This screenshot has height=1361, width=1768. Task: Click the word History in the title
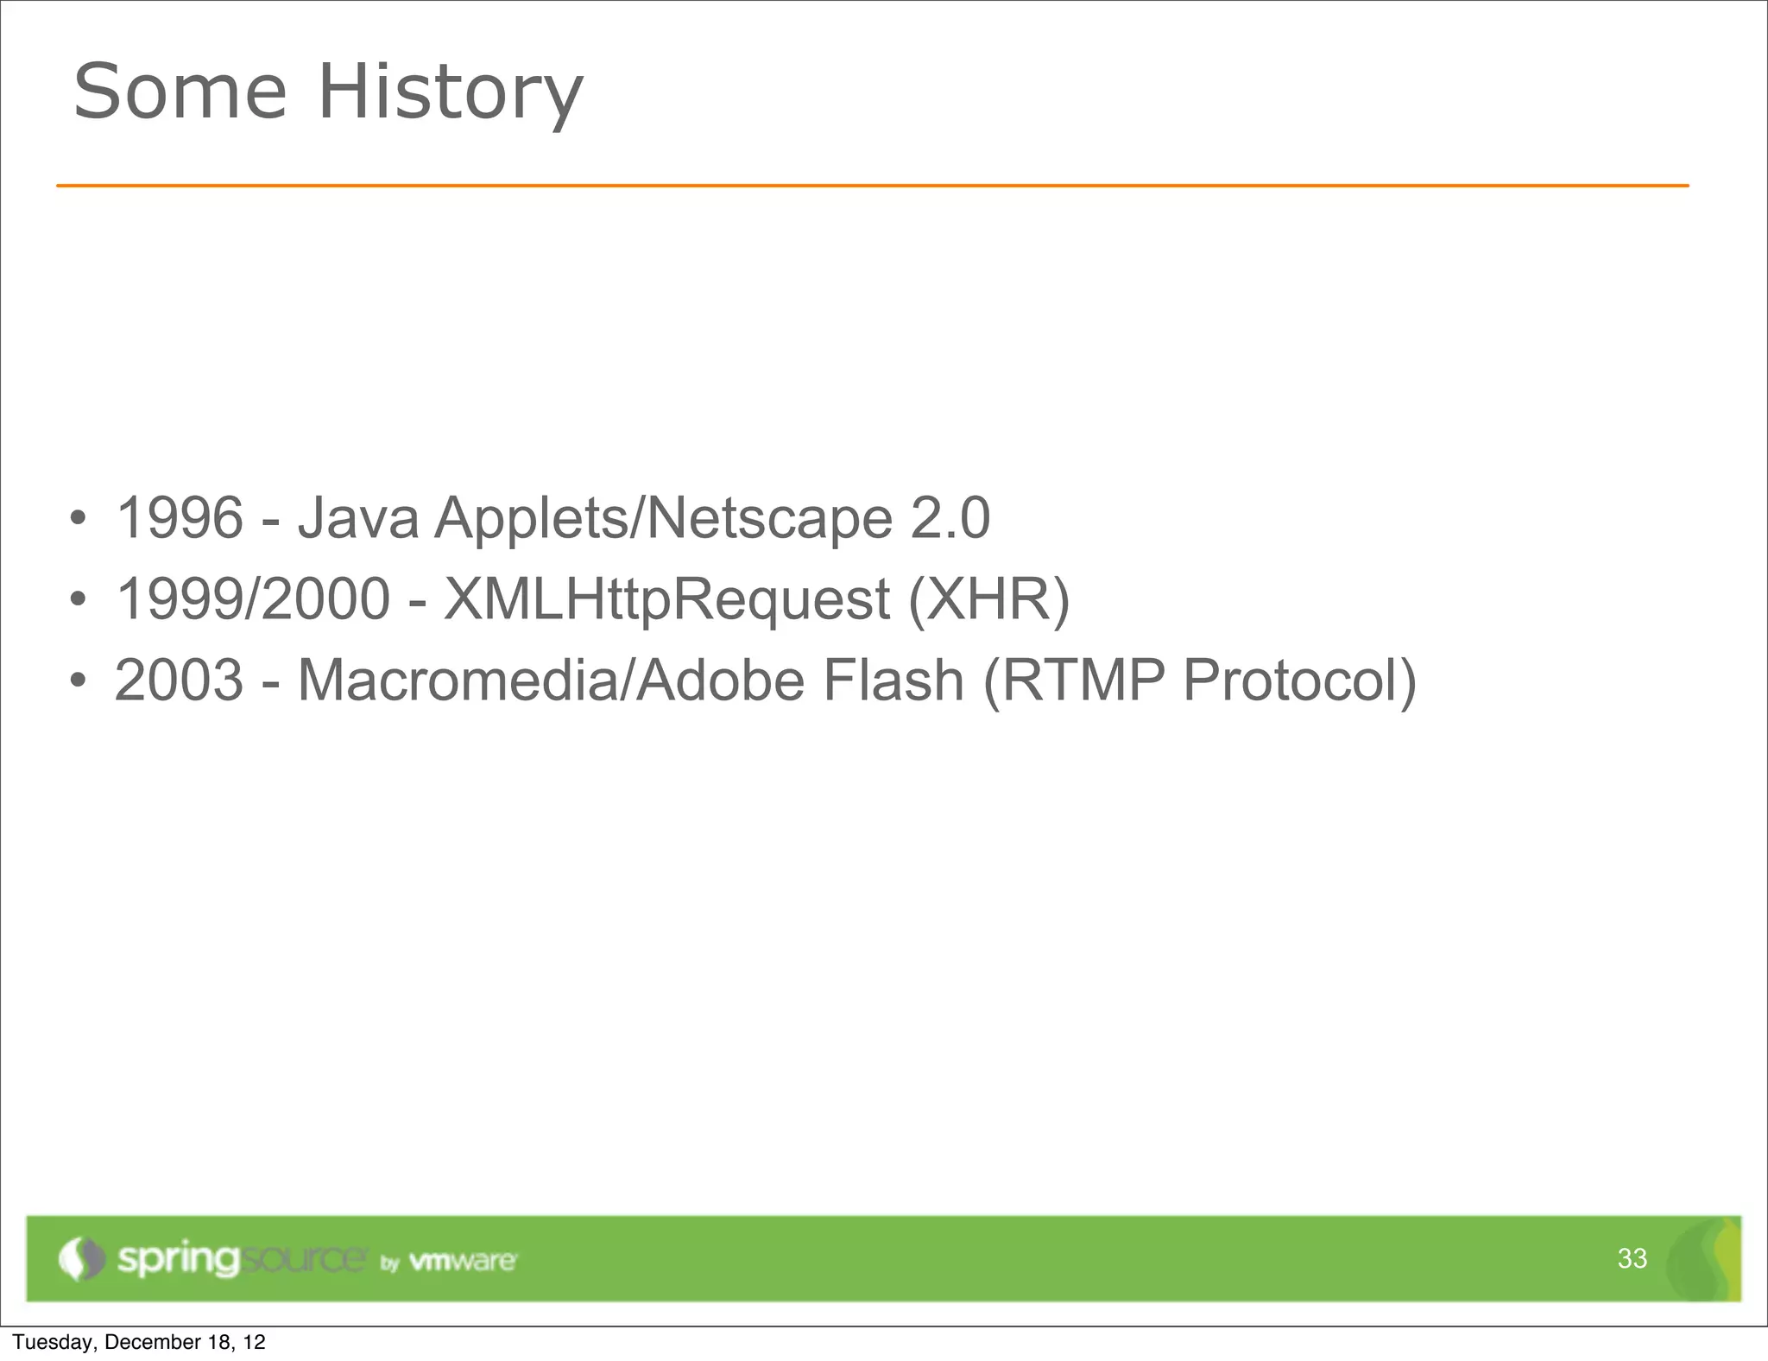(451, 92)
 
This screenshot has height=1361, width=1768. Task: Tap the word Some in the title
(180, 92)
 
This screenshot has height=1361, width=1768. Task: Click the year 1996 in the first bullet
(180, 518)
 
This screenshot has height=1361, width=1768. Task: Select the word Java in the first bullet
(358, 518)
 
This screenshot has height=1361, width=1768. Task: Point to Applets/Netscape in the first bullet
(663, 518)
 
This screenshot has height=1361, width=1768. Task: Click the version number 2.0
(950, 518)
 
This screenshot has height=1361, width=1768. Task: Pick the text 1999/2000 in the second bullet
(253, 598)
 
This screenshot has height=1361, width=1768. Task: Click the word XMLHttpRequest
(666, 598)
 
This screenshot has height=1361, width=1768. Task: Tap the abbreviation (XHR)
(988, 598)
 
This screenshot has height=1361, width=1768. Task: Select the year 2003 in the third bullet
(180, 680)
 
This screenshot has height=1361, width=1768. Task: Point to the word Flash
(893, 680)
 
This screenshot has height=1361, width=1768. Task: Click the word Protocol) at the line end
(1299, 680)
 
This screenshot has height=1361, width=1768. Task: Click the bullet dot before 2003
(79, 681)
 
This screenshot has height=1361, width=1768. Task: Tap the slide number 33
(1632, 1258)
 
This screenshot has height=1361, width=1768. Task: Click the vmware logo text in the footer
(462, 1261)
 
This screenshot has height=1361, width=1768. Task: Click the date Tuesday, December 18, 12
(139, 1342)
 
